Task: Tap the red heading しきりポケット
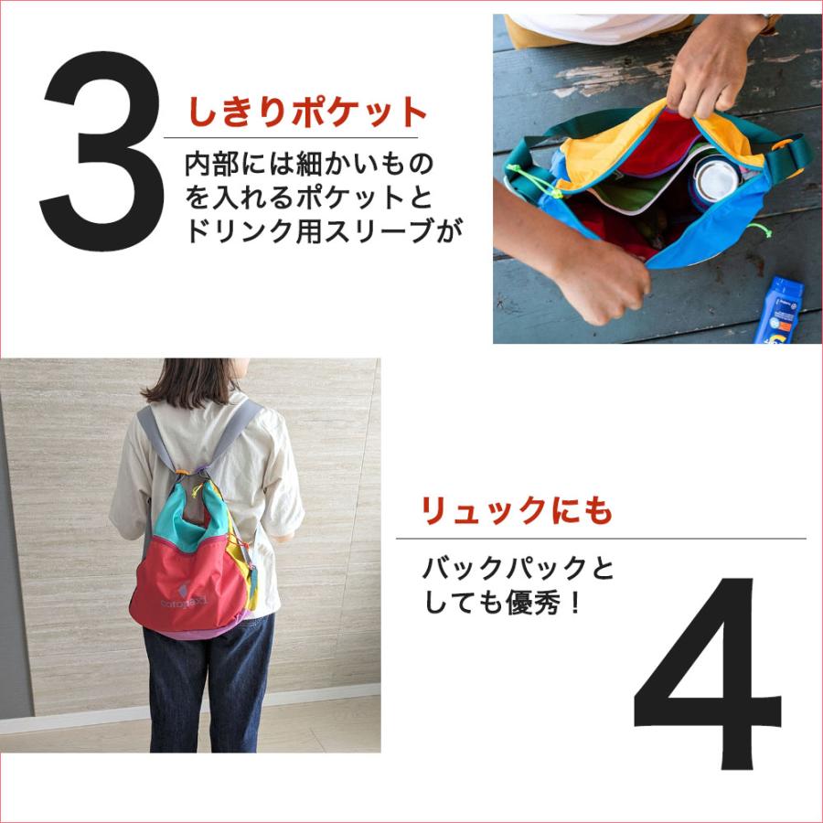[x=308, y=112]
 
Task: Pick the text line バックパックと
[x=518, y=569]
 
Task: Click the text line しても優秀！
[x=502, y=604]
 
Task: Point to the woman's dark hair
[x=191, y=379]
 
